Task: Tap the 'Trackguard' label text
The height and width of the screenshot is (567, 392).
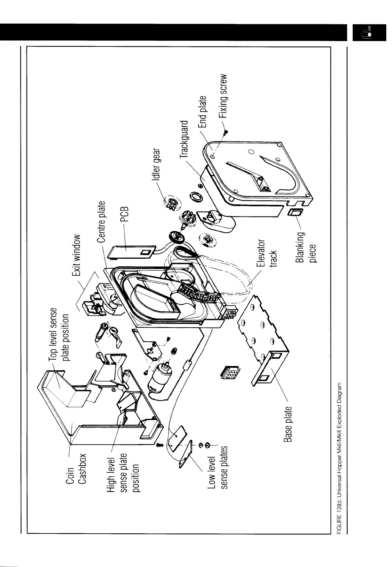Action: (x=185, y=139)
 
